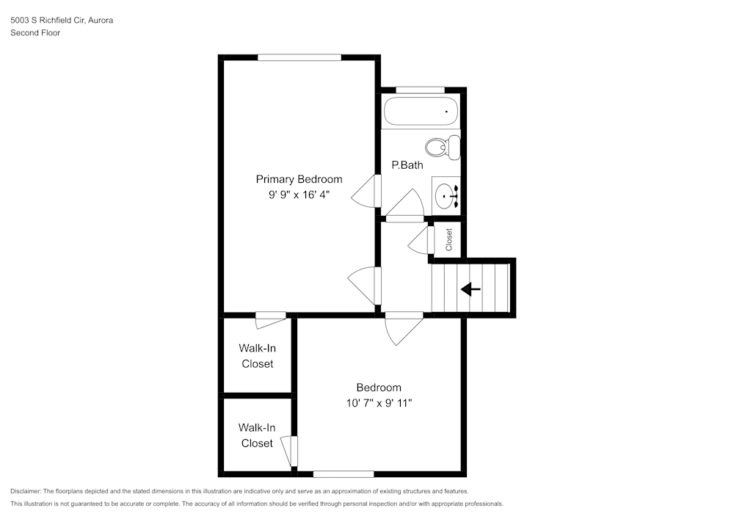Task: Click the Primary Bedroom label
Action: point(299,179)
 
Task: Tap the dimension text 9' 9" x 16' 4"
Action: point(299,195)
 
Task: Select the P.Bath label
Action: point(407,165)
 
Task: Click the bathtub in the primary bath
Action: point(421,112)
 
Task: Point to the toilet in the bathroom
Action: point(443,147)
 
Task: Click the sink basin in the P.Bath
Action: point(446,196)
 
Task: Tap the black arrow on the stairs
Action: point(470,289)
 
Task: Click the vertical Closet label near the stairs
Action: point(449,238)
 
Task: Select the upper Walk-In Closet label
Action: point(257,356)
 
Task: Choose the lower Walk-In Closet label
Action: point(257,435)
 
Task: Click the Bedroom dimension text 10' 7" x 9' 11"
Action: point(379,403)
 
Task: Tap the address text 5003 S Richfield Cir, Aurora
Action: point(62,21)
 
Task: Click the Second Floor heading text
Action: point(35,33)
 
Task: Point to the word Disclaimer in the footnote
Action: point(26,491)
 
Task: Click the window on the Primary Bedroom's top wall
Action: point(299,57)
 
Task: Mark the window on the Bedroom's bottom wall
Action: point(344,473)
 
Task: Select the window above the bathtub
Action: point(420,90)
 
